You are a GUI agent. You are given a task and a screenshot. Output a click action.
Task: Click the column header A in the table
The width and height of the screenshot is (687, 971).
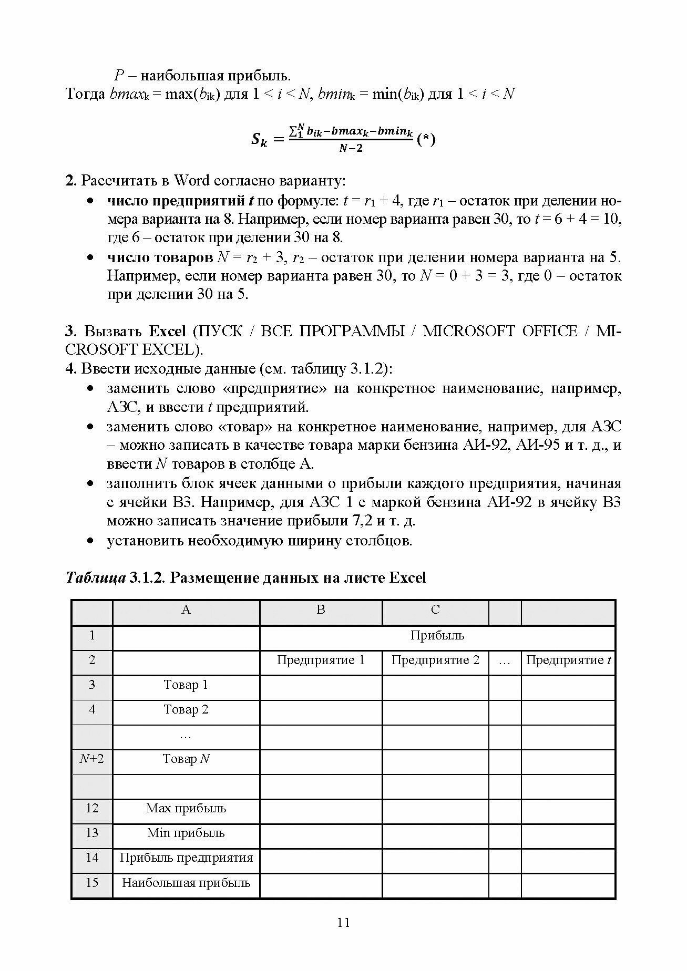tap(186, 610)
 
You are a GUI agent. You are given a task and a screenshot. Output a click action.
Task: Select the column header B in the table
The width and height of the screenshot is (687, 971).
tap(321, 610)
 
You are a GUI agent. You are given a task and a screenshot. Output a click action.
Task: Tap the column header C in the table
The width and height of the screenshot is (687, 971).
tap(435, 610)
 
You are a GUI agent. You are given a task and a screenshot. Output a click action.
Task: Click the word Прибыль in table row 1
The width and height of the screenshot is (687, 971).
tap(437, 635)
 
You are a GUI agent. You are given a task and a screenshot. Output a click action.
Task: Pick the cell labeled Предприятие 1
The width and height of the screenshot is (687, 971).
tap(321, 660)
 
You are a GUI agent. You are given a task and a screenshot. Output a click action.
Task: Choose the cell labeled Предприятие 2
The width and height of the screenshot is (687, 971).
tap(435, 660)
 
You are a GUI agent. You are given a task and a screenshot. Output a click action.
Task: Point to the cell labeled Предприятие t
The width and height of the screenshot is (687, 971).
tap(568, 660)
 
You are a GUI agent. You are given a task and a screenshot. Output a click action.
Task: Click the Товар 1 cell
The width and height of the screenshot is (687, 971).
tap(186, 685)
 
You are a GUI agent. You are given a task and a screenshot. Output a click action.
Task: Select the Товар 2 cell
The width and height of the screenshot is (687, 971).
tap(186, 709)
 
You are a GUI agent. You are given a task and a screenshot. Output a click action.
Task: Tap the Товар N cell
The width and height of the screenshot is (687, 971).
tap(186, 759)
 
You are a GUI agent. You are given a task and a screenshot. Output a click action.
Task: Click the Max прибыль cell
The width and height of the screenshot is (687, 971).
tap(186, 808)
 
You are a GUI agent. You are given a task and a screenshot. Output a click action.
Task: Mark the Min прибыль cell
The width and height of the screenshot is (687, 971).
tap(186, 833)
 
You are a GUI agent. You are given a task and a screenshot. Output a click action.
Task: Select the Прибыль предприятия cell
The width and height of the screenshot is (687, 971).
tap(186, 858)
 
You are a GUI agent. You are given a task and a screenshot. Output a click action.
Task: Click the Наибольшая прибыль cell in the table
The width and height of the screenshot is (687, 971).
tap(186, 882)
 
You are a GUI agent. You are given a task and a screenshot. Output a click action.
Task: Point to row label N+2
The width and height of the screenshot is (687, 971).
tap(92, 759)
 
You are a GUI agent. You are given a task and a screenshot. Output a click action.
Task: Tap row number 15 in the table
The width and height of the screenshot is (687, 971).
tap(92, 882)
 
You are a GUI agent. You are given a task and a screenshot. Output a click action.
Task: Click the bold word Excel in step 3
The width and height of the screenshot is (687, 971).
tap(167, 331)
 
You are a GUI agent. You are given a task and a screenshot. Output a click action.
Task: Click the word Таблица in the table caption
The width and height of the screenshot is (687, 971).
tap(95, 578)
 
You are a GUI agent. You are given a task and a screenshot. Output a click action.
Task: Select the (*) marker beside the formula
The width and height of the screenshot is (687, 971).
tap(426, 140)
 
